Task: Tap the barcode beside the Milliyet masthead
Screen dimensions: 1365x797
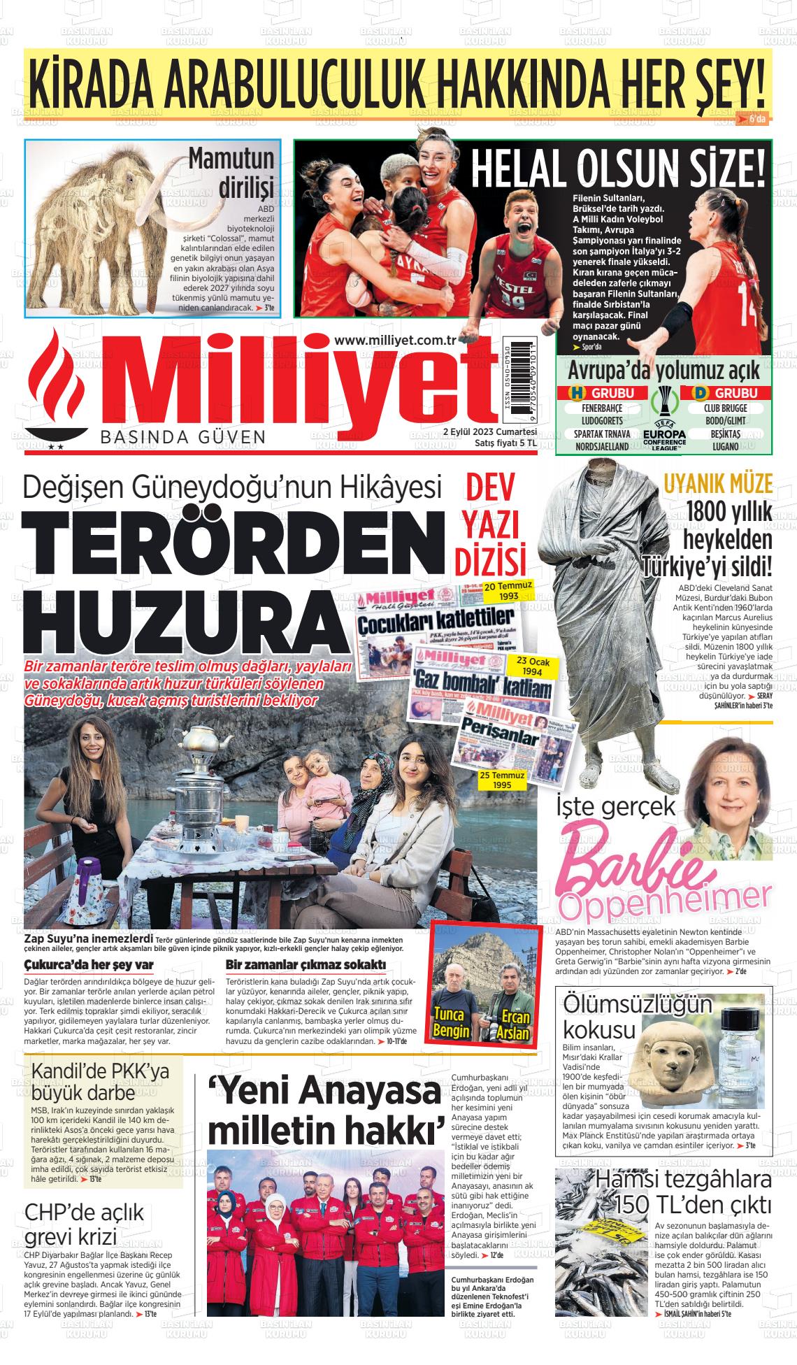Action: pos(518,378)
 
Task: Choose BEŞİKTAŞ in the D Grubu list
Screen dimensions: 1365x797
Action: pos(725,434)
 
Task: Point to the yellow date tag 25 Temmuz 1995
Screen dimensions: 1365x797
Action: pos(496,780)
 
